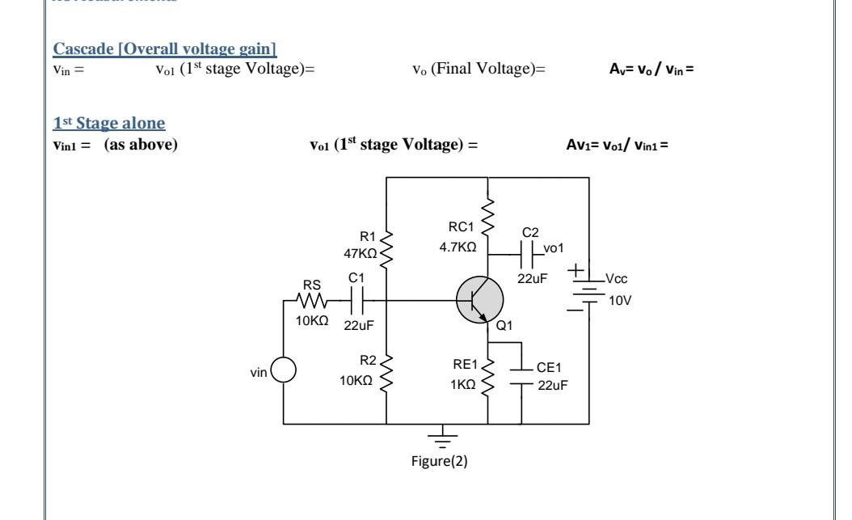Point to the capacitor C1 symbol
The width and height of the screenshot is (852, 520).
tap(358, 301)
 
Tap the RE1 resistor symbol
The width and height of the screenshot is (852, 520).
tap(488, 378)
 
